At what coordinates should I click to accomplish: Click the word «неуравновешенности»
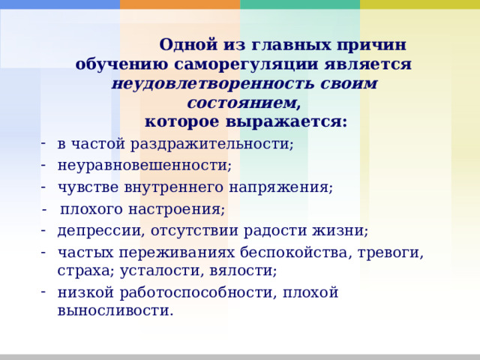(142, 164)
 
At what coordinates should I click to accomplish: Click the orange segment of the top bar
(180, 4)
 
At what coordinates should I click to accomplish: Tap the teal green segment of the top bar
(300, 4)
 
